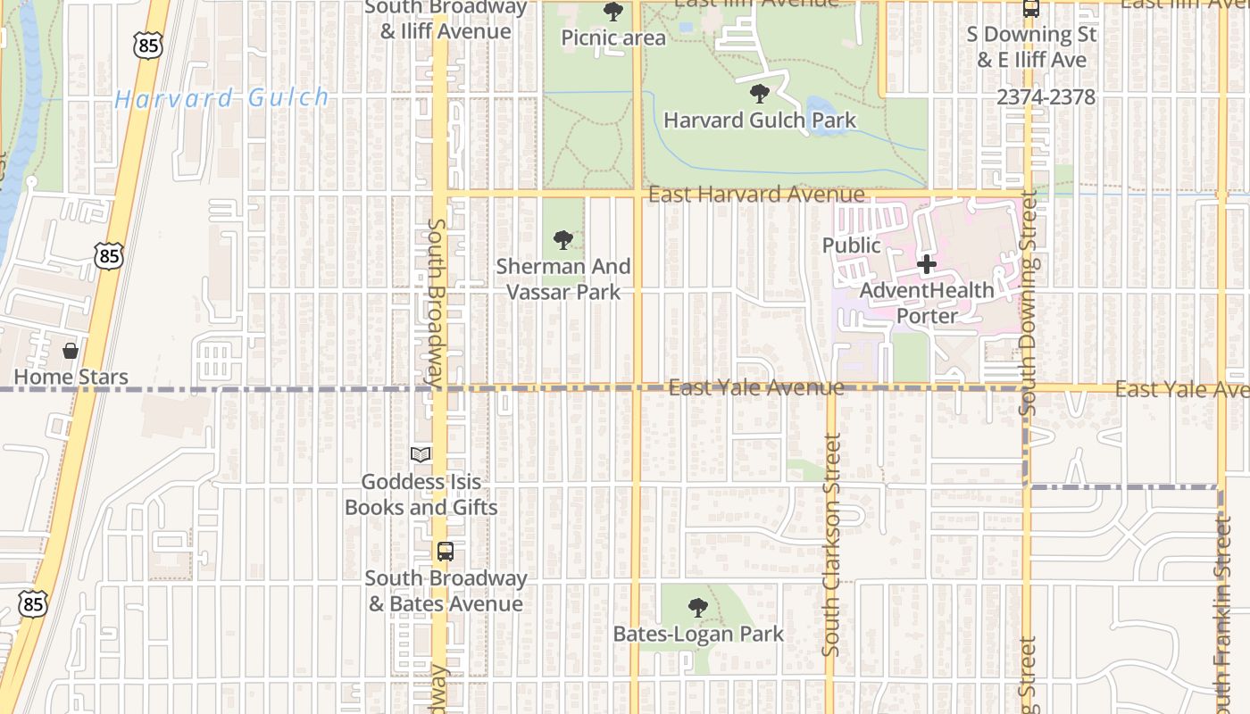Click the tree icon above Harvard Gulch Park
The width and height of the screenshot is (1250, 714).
[x=759, y=93]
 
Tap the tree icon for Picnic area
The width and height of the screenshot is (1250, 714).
[x=613, y=12]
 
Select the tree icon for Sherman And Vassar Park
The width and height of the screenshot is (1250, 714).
[x=562, y=239]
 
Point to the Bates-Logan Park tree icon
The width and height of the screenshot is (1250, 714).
[x=698, y=608]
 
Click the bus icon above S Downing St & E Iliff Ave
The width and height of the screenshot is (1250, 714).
[x=1031, y=9]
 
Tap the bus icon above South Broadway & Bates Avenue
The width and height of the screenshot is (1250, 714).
[x=446, y=552]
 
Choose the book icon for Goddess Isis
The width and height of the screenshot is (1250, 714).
[x=421, y=455]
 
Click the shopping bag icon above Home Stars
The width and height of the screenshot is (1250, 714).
[x=71, y=351]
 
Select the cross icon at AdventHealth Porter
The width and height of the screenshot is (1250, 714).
[x=927, y=264]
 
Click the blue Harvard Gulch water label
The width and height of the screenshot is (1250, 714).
[x=221, y=98]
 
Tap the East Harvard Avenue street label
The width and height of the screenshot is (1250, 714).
[x=756, y=194]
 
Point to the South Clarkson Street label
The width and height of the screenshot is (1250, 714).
[x=832, y=544]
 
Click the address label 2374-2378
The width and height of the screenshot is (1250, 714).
[x=1046, y=97]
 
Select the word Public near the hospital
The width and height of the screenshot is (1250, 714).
[x=851, y=245]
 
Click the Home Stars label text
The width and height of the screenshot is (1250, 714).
[x=71, y=377]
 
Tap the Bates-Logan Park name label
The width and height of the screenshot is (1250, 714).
[x=698, y=634]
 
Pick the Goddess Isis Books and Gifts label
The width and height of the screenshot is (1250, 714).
[x=421, y=494]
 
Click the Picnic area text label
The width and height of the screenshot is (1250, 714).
[x=613, y=37]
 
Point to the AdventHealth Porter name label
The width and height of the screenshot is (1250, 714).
[x=927, y=303]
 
